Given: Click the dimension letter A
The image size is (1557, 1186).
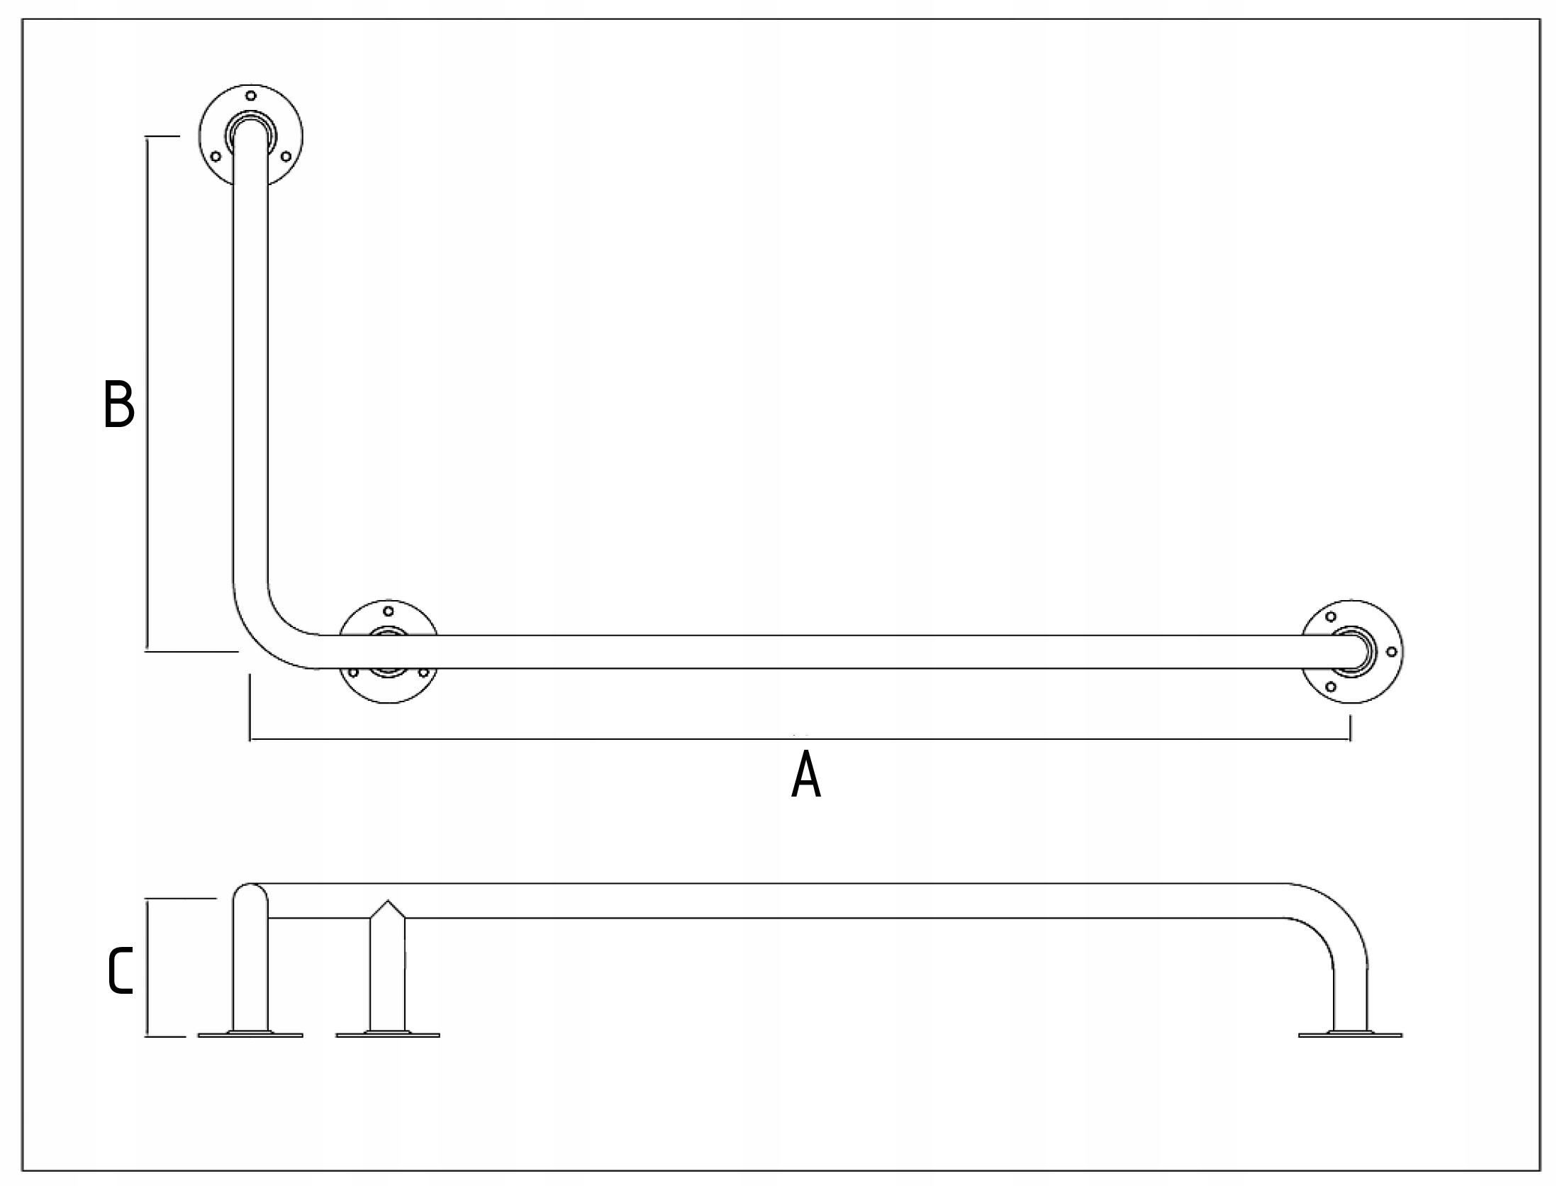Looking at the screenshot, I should (x=805, y=775).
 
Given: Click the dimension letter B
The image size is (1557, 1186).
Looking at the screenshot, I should (x=118, y=405).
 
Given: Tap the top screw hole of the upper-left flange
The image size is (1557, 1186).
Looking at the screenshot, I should (x=250, y=96).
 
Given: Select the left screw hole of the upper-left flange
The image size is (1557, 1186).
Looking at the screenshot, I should (x=216, y=156).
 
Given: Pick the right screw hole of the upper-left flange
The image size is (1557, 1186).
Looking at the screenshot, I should (x=286, y=156).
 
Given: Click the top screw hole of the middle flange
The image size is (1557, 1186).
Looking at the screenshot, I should (x=388, y=611).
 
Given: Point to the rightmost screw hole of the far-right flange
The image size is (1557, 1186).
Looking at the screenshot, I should (x=1391, y=651).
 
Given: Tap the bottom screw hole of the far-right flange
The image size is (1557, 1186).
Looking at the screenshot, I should (x=1331, y=687).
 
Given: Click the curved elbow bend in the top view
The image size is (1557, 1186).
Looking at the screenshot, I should (x=269, y=631).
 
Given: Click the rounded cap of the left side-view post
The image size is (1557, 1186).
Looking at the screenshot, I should (x=250, y=892).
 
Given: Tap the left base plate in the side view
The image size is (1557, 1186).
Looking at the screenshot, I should (x=250, y=1035).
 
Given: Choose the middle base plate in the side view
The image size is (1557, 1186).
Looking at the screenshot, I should (x=388, y=1035).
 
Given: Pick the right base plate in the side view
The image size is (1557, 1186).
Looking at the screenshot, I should (x=1350, y=1035).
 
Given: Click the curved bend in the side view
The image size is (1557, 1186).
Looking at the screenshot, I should (x=1333, y=919).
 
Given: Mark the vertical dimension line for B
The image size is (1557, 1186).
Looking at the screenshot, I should (x=147, y=394).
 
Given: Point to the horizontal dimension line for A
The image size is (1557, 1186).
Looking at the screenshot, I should (x=799, y=740).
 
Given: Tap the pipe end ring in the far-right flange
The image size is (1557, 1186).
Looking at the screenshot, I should (x=1353, y=650).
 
